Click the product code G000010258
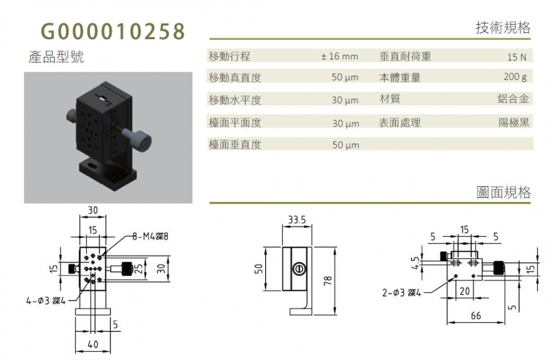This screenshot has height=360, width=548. (113, 31)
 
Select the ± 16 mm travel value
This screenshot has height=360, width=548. (340, 56)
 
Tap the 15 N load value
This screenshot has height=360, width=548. (516, 57)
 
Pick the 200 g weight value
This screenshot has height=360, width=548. (515, 77)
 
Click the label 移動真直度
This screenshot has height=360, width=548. (235, 77)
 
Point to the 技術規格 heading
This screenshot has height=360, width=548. (503, 27)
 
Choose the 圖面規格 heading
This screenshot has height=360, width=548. (503, 192)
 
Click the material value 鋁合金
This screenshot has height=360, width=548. (513, 99)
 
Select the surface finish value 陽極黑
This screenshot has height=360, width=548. (514, 123)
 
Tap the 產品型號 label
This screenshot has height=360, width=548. (56, 57)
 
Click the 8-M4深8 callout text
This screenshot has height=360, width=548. (150, 236)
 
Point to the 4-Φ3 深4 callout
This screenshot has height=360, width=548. (46, 300)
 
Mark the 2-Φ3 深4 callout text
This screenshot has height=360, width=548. (401, 293)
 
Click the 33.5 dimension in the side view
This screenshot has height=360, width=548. (297, 220)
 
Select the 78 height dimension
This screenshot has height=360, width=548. (328, 281)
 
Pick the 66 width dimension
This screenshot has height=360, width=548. (475, 316)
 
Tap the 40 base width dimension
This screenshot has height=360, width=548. (92, 345)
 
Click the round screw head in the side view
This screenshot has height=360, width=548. (298, 268)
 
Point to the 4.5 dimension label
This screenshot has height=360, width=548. (415, 263)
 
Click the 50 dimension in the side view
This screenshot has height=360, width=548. (259, 268)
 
